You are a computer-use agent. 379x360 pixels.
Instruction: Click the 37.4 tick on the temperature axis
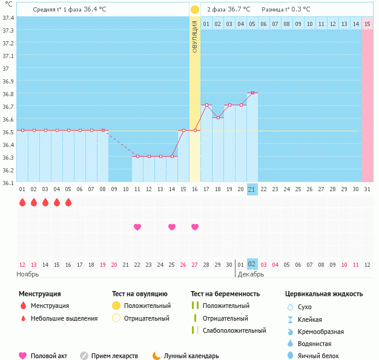pyautogui.click(x=8, y=18)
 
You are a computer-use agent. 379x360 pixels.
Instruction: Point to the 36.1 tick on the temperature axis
pyautogui.click(x=8, y=182)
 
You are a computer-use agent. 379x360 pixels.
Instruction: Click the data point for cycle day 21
pyautogui.click(x=252, y=93)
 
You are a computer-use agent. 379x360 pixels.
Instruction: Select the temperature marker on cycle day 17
pyautogui.click(x=206, y=105)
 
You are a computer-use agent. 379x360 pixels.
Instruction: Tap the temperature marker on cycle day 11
pyautogui.click(x=137, y=156)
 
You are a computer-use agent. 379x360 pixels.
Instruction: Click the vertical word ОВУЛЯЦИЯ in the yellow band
pyautogui.click(x=195, y=37)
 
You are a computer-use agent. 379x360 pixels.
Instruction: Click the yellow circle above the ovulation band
pyautogui.click(x=195, y=10)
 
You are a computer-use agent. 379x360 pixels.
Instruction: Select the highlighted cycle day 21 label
pyautogui.click(x=252, y=189)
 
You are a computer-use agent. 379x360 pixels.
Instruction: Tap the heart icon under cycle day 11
pyautogui.click(x=137, y=227)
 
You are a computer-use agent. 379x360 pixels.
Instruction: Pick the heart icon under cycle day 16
pyautogui.click(x=195, y=227)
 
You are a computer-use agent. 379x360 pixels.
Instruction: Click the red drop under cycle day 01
pyautogui.click(x=22, y=203)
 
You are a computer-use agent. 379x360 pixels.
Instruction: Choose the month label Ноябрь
pyautogui.click(x=28, y=274)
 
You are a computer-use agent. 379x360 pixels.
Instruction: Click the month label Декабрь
pyautogui.click(x=250, y=274)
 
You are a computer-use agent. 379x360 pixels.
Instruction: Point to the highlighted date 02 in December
pyautogui.click(x=252, y=264)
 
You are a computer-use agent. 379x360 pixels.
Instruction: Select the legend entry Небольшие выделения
pyautogui.click(x=64, y=318)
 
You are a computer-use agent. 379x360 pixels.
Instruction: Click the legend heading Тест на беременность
pyautogui.click(x=225, y=294)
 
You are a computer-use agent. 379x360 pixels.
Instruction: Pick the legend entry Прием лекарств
pyautogui.click(x=114, y=356)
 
